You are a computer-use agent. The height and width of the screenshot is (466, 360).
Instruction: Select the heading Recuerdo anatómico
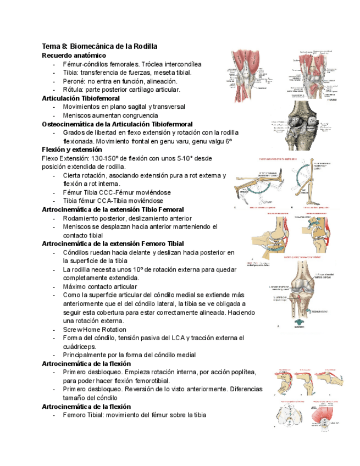pos(74,56)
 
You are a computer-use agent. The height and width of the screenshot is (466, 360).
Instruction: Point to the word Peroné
pos(75,81)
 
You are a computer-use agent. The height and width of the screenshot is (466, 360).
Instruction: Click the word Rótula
pos(74,90)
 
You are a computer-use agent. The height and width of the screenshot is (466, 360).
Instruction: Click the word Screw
pos(73,329)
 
